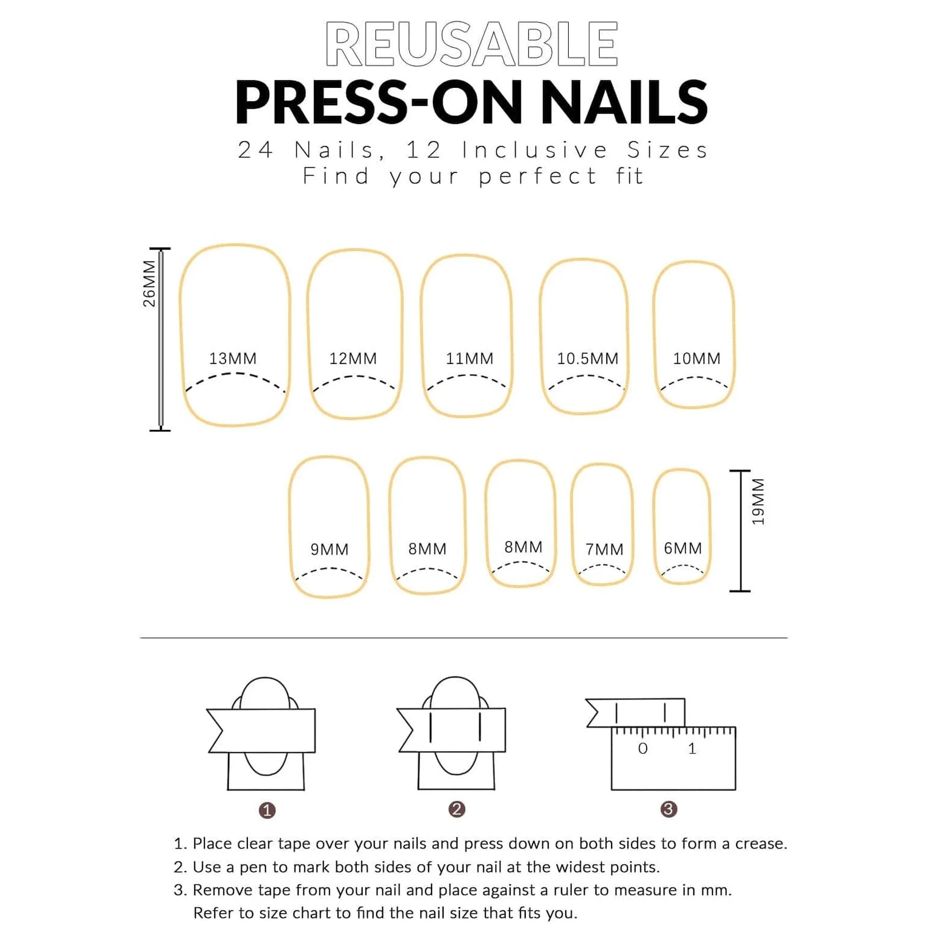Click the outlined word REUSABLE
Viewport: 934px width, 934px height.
tap(471, 44)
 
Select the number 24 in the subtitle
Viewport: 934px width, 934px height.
tap(255, 150)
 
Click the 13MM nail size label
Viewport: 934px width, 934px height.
tap(233, 358)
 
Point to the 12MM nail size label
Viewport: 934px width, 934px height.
tap(353, 358)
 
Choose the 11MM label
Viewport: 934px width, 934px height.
tap(469, 358)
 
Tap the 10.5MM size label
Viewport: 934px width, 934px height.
tap(588, 358)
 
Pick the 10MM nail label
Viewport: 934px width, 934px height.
tap(696, 358)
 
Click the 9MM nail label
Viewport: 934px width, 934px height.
tap(329, 549)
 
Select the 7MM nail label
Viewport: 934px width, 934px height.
tap(604, 549)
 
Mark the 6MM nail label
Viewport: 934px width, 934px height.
tap(683, 548)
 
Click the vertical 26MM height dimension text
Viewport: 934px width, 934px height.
tap(149, 284)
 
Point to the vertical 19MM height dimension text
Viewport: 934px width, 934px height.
tap(758, 501)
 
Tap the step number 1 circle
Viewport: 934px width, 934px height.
tap(267, 811)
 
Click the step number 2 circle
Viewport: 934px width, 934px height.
tap(457, 809)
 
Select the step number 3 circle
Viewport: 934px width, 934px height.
tap(669, 809)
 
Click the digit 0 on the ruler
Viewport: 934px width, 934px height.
tap(643, 749)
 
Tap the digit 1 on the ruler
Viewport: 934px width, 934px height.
tap(692, 749)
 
